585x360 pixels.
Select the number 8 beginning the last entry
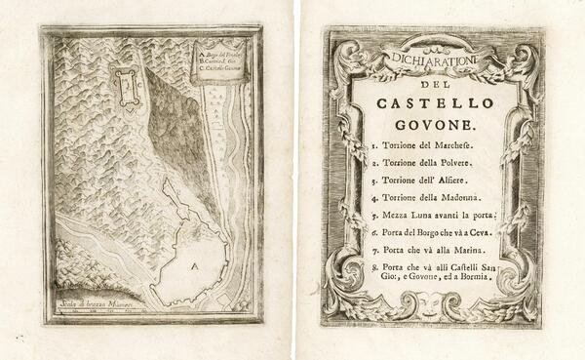(374, 269)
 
